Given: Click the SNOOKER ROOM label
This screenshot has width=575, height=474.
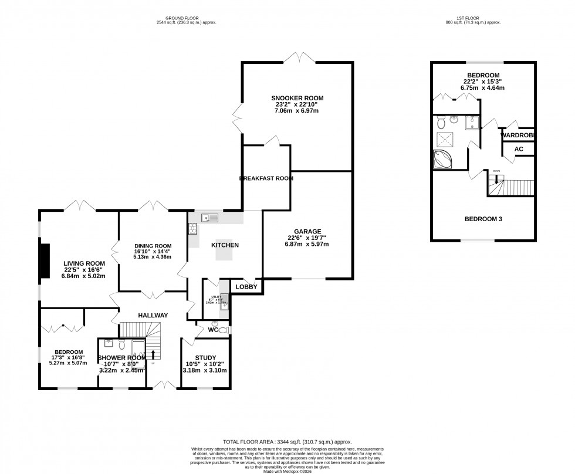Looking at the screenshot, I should tap(297, 98).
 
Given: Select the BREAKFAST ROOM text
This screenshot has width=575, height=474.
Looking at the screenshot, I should tap(268, 178).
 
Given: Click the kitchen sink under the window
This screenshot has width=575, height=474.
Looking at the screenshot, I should tap(209, 218).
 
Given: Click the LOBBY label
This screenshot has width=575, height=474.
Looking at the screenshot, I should tap(247, 287).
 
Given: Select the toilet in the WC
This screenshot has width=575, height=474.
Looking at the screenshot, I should tap(222, 330).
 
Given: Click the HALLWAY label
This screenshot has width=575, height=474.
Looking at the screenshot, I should tap(153, 315).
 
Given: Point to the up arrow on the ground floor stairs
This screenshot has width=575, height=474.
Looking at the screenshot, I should tap(154, 354).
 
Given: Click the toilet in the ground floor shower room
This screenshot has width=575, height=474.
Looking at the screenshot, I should tap(122, 344).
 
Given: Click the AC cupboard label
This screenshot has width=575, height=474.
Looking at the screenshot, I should tap(519, 149).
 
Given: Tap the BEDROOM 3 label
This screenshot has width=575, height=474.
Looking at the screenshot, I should tap(483, 219).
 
